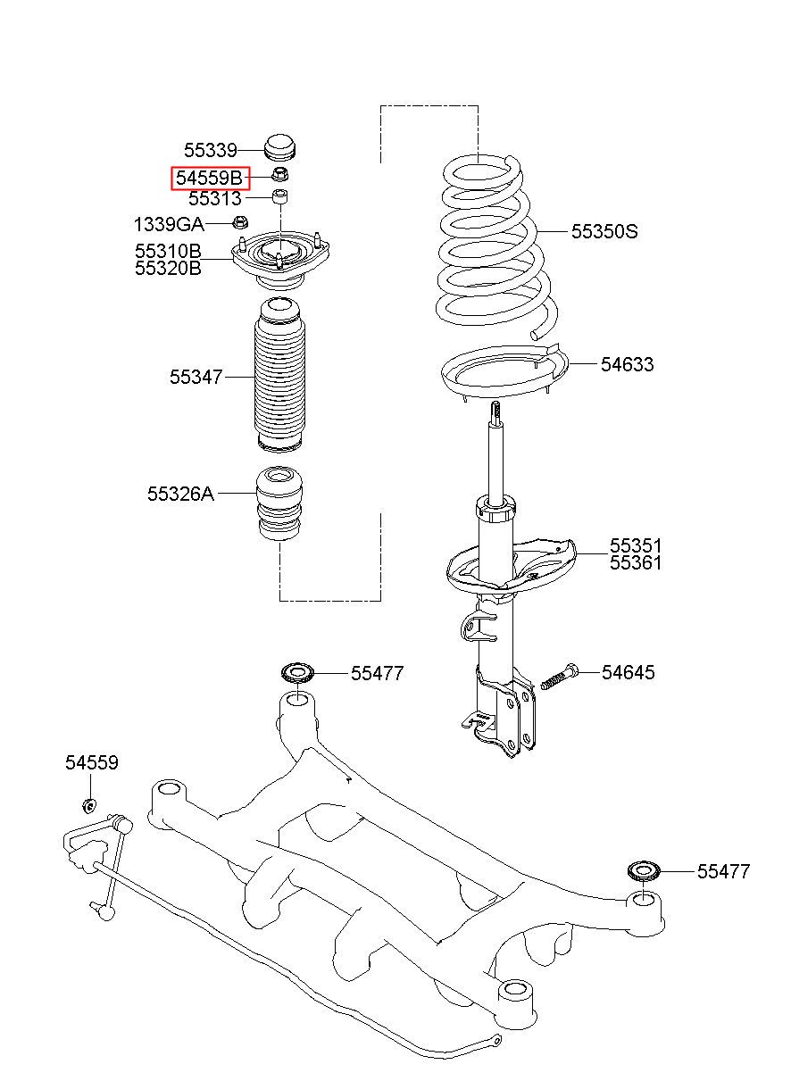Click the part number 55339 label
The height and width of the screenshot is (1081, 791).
211,150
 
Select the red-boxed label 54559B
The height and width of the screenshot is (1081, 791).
211,178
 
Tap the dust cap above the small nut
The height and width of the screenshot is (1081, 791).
280,148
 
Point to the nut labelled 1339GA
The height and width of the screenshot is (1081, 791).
240,222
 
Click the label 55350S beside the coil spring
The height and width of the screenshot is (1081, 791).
604,232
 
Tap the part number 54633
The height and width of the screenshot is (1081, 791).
627,364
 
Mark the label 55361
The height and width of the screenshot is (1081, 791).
635,562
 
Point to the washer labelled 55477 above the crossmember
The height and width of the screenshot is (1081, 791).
297,672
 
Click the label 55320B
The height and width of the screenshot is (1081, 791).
168,268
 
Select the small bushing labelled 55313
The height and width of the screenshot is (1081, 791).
280,197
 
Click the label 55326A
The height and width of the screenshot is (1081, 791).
180,494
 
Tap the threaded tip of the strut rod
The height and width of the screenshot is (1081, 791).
496,412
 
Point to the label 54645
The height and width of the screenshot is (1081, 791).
628,672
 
